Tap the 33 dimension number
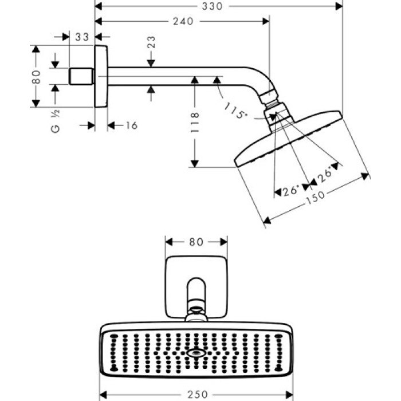point(82,37)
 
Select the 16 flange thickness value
point(131,125)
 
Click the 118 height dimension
point(195,122)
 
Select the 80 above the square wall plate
point(196,242)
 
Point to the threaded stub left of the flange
point(81,76)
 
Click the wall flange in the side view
point(101,76)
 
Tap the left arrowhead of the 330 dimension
point(98,6)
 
